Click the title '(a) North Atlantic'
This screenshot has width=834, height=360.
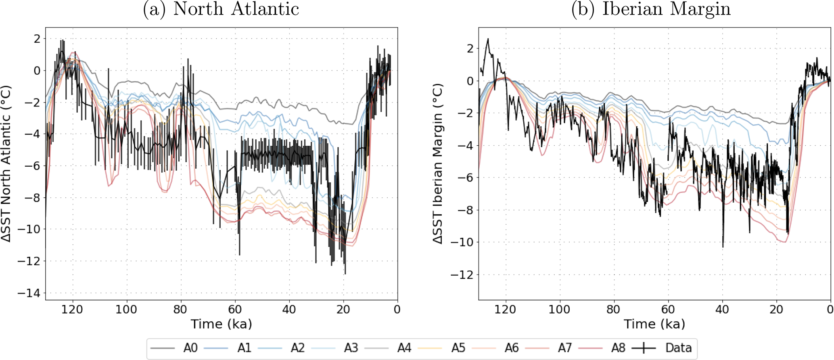[221, 9]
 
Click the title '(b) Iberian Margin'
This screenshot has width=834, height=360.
[651, 9]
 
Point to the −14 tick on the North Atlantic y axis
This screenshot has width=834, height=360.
[29, 293]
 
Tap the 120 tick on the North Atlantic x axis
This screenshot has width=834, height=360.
[73, 310]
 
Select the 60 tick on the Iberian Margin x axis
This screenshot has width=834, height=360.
[668, 310]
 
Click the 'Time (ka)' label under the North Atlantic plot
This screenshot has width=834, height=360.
[221, 324]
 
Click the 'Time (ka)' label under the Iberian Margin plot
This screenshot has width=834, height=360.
[654, 324]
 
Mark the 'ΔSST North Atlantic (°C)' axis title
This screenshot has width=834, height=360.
[7, 163]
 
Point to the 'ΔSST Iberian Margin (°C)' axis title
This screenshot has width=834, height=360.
[439, 163]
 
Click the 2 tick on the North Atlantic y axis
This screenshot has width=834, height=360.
[37, 39]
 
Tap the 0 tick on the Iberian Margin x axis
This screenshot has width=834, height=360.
[830, 310]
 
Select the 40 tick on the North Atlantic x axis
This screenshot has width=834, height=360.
[289, 310]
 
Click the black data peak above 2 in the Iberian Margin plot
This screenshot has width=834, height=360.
[488, 40]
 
